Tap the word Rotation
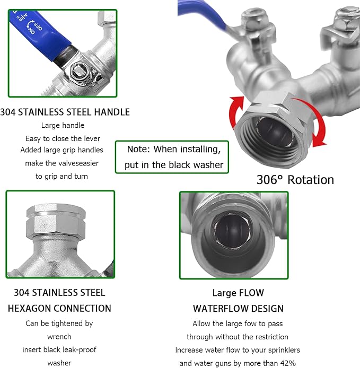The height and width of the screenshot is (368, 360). point(310,180)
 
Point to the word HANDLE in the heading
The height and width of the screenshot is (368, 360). point(112,112)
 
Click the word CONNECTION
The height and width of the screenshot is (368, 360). point(85,308)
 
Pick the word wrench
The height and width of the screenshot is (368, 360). point(59,336)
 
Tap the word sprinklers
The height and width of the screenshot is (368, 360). point(280,350)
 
